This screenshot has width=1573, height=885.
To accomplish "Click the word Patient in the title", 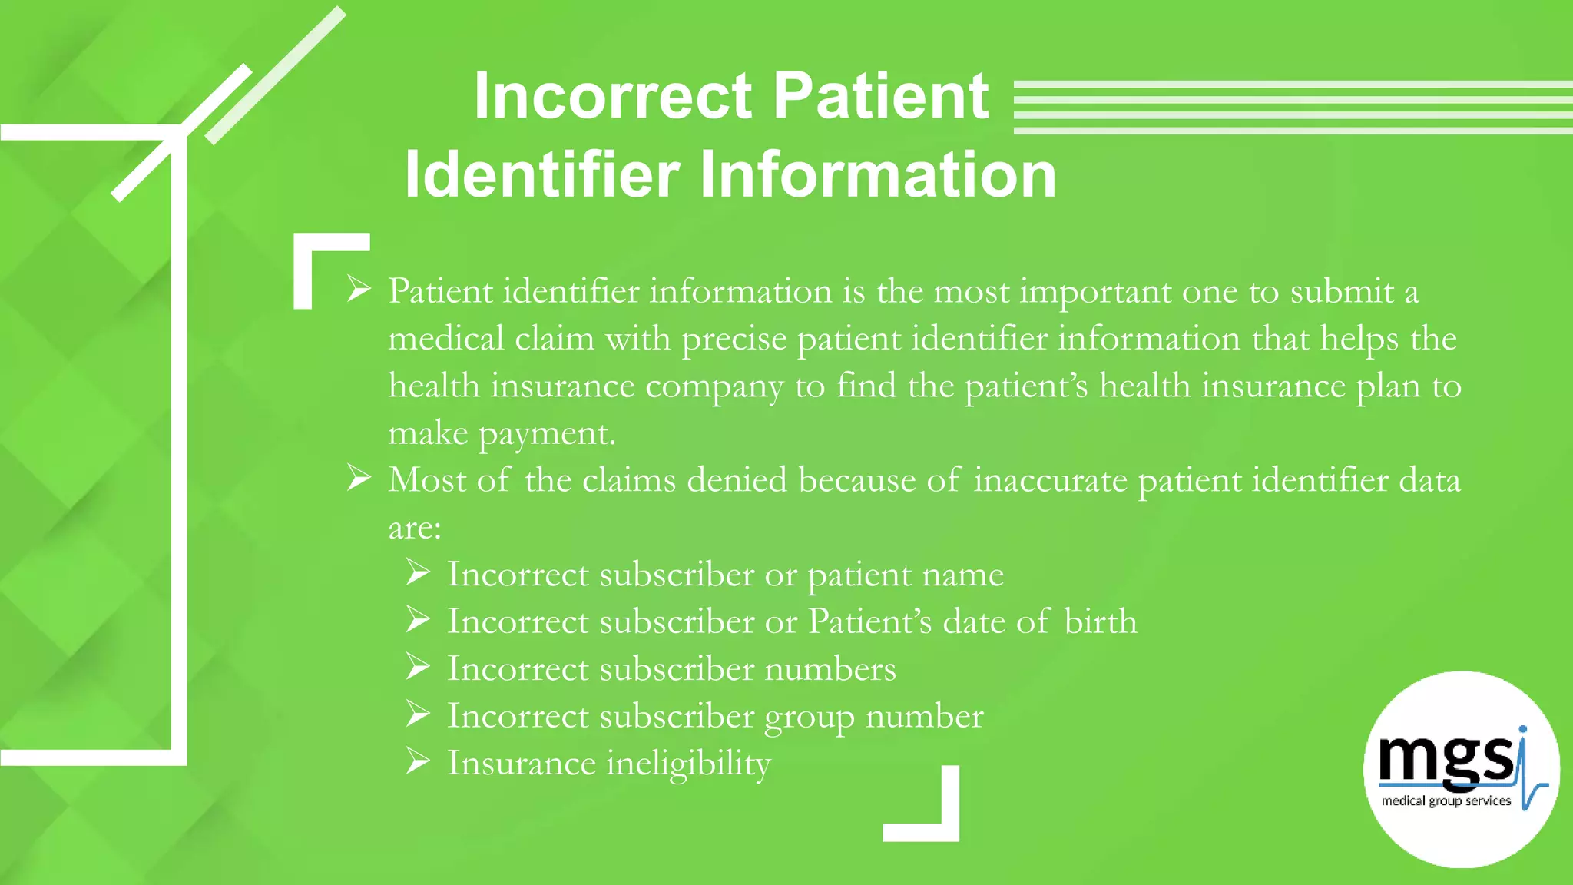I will coord(881,96).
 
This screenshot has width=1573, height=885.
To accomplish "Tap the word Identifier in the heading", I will coord(542,175).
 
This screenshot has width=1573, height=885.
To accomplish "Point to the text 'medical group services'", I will coord(1446,800).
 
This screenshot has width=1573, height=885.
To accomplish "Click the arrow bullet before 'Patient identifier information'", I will coord(359,290).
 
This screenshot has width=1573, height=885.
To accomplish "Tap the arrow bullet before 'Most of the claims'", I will coord(359,479).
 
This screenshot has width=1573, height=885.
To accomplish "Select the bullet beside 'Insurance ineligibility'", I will coord(418,761).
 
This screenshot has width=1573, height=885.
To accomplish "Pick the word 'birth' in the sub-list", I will coord(1100,621).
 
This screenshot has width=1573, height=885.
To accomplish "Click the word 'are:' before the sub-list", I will coord(415,528).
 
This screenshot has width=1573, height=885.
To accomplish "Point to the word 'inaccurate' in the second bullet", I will coord(1051,480).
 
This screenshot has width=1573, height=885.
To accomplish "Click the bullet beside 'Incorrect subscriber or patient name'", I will coord(418,573).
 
